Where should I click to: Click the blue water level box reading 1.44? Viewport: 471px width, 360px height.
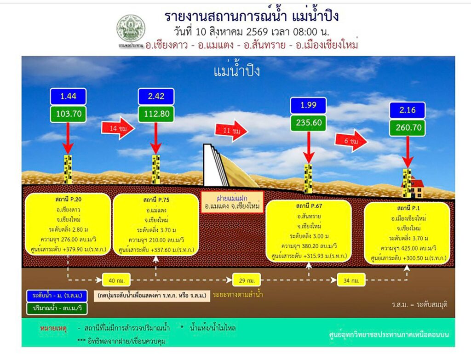pyautogui.click(x=68, y=97)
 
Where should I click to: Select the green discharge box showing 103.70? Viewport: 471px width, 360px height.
pyautogui.click(x=69, y=114)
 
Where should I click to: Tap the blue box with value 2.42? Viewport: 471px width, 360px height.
pyautogui.click(x=156, y=97)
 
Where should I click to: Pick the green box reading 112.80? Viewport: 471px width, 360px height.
pyautogui.click(x=156, y=114)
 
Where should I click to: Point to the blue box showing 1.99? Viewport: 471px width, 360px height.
pyautogui.click(x=308, y=105)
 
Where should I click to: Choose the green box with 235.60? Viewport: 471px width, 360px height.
pyautogui.click(x=308, y=123)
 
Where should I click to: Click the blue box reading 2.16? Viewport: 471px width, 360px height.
pyautogui.click(x=408, y=110)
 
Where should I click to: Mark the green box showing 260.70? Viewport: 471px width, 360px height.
pyautogui.click(x=408, y=128)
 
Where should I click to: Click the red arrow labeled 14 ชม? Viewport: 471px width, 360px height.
pyautogui.click(x=118, y=128)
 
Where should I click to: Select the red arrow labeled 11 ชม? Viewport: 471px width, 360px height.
pyautogui.click(x=231, y=131)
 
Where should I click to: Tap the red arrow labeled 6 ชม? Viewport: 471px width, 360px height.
pyautogui.click(x=351, y=141)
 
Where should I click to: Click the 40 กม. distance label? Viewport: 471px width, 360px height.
pyautogui.click(x=116, y=280)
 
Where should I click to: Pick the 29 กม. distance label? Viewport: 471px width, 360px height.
pyautogui.click(x=247, y=280)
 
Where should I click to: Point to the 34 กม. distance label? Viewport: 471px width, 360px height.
pyautogui.click(x=351, y=280)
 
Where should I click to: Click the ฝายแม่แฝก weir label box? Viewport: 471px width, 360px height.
pyautogui.click(x=232, y=202)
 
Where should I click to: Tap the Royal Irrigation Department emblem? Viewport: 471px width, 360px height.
pyautogui.click(x=131, y=29)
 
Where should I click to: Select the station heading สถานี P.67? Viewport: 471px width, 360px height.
pyautogui.click(x=309, y=206)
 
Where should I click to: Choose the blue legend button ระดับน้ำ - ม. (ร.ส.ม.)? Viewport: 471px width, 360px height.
pyautogui.click(x=57, y=296)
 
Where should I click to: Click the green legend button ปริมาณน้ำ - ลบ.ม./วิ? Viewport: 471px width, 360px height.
pyautogui.click(x=57, y=309)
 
